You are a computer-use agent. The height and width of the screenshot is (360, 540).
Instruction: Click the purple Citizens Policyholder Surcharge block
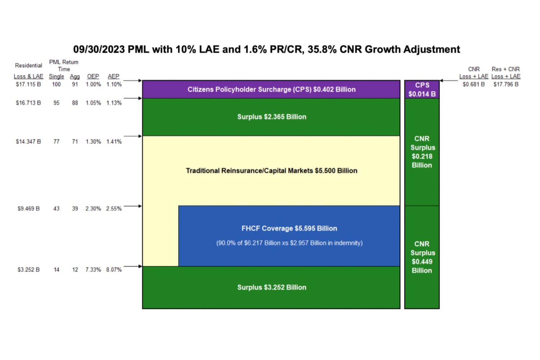pyautogui.click(x=271, y=89)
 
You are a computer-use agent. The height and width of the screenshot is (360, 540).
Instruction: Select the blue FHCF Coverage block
pyautogui.click(x=289, y=236)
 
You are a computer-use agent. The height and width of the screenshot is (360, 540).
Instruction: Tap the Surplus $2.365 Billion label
pyautogui.click(x=271, y=117)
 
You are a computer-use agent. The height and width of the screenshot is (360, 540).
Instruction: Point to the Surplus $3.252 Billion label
pyautogui.click(x=271, y=287)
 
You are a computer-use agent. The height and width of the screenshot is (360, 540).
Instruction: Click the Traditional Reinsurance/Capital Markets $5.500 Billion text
pyautogui.click(x=271, y=171)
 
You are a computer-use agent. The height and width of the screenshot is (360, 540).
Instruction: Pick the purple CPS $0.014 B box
pyautogui.click(x=422, y=90)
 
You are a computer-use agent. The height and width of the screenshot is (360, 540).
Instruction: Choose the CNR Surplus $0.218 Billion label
pyautogui.click(x=422, y=152)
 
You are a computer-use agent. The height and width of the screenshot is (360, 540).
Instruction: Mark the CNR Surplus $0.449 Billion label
pyautogui.click(x=422, y=257)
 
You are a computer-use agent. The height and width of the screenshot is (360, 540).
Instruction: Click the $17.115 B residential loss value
pyautogui.click(x=28, y=84)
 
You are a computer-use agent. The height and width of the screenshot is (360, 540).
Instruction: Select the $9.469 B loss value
pyautogui.click(x=28, y=208)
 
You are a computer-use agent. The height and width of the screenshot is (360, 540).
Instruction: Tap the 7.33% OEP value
pyautogui.click(x=93, y=270)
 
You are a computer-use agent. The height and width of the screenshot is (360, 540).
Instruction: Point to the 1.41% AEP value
pyautogui.click(x=114, y=141)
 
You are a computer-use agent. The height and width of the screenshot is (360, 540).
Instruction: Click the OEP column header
pyautogui.click(x=93, y=76)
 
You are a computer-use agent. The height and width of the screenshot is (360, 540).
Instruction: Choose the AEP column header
pyautogui.click(x=113, y=76)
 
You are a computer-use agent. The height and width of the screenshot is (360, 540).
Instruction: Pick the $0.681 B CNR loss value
pyautogui.click(x=473, y=84)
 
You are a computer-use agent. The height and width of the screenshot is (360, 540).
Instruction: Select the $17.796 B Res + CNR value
pyautogui.click(x=506, y=84)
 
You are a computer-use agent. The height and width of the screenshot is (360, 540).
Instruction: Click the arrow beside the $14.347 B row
pyautogui.click(x=133, y=136)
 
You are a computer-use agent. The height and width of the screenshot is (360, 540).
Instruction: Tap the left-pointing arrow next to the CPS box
pyautogui.click(x=449, y=81)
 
